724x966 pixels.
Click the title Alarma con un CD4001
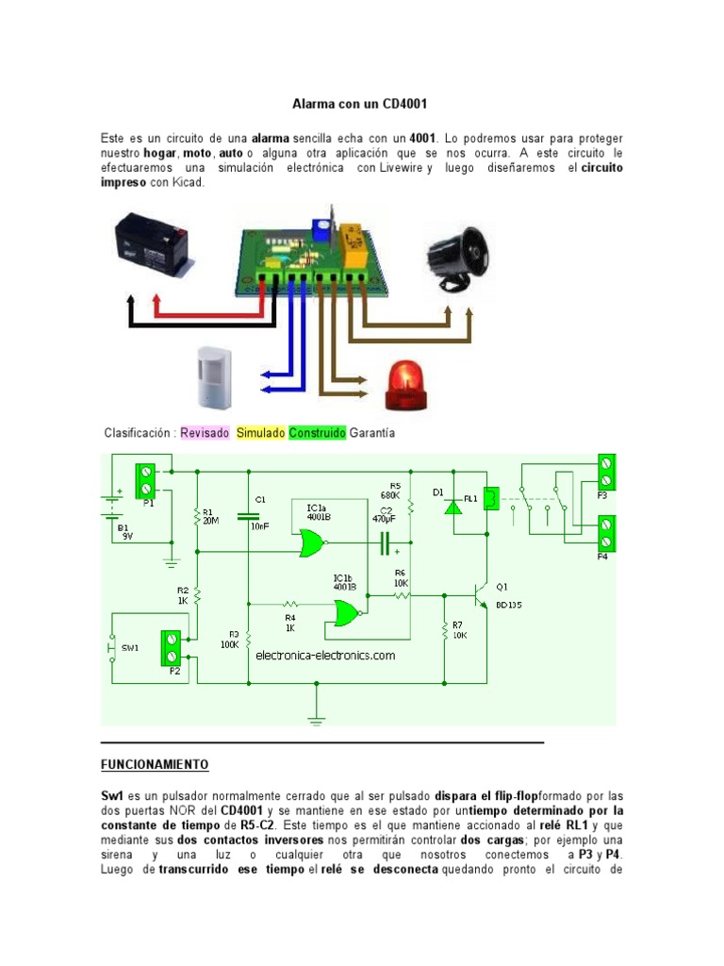[x=361, y=102]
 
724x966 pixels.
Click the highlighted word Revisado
[x=205, y=433]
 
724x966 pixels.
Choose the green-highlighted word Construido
[x=317, y=433]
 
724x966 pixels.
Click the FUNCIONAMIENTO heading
[x=155, y=764]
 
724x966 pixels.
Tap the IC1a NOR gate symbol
[x=308, y=542]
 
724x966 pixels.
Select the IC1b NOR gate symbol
[x=346, y=614]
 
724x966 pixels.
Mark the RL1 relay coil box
[x=492, y=499]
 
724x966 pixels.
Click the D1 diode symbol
[x=453, y=507]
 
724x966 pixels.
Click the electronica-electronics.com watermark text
[x=325, y=655]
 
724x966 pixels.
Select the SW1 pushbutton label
[x=130, y=648]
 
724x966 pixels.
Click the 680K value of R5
[x=391, y=494]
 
